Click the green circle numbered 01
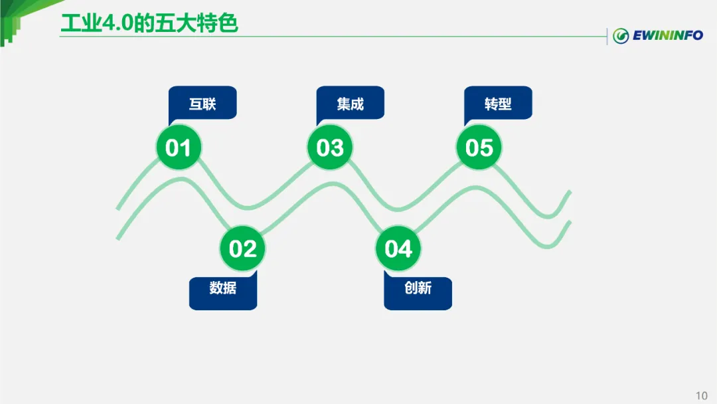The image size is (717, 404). pos(178,148)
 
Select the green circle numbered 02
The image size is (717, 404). pos(242,249)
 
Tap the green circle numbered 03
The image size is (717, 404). pos(330,148)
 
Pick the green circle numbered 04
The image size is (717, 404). pos(398,249)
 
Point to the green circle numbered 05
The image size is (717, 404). pos(479,148)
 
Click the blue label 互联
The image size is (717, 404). pos(202,104)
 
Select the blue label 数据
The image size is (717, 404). pos(223,288)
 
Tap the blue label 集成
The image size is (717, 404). pos(351,104)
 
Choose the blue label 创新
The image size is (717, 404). pos(418,288)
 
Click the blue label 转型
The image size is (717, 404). pos(498,104)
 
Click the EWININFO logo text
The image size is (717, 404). pos(667,35)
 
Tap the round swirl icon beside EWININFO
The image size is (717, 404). pos(621,36)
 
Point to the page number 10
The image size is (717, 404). pos(702,396)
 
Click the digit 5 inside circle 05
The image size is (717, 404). pos(487,148)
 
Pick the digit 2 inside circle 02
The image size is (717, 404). pos(250,249)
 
